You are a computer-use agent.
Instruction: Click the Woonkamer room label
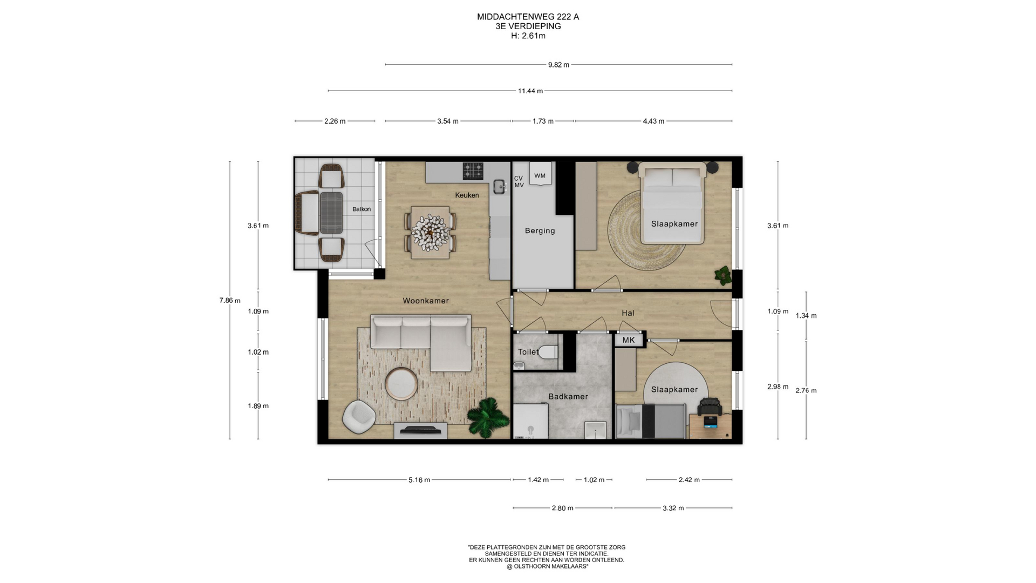(x=426, y=301)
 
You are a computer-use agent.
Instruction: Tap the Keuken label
(x=467, y=195)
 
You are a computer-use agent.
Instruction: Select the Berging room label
(x=540, y=231)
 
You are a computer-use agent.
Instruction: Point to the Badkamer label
(x=568, y=396)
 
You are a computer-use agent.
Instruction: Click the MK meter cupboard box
(x=629, y=340)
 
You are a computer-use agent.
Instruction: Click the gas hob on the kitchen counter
(x=473, y=171)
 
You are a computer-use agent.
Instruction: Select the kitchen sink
(x=500, y=187)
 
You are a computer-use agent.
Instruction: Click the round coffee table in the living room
(x=401, y=384)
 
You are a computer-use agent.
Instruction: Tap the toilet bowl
(x=548, y=352)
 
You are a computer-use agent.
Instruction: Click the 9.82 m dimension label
(x=558, y=65)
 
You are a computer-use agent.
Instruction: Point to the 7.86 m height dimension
(x=230, y=301)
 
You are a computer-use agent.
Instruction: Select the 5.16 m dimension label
(x=419, y=480)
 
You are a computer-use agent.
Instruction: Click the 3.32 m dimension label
(x=673, y=508)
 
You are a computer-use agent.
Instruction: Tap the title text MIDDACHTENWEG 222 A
(x=528, y=17)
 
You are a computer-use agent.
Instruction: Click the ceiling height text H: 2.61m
(x=528, y=36)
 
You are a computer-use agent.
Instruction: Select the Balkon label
(x=362, y=209)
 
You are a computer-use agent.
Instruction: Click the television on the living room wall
(x=420, y=430)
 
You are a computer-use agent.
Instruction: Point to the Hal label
(x=628, y=313)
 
